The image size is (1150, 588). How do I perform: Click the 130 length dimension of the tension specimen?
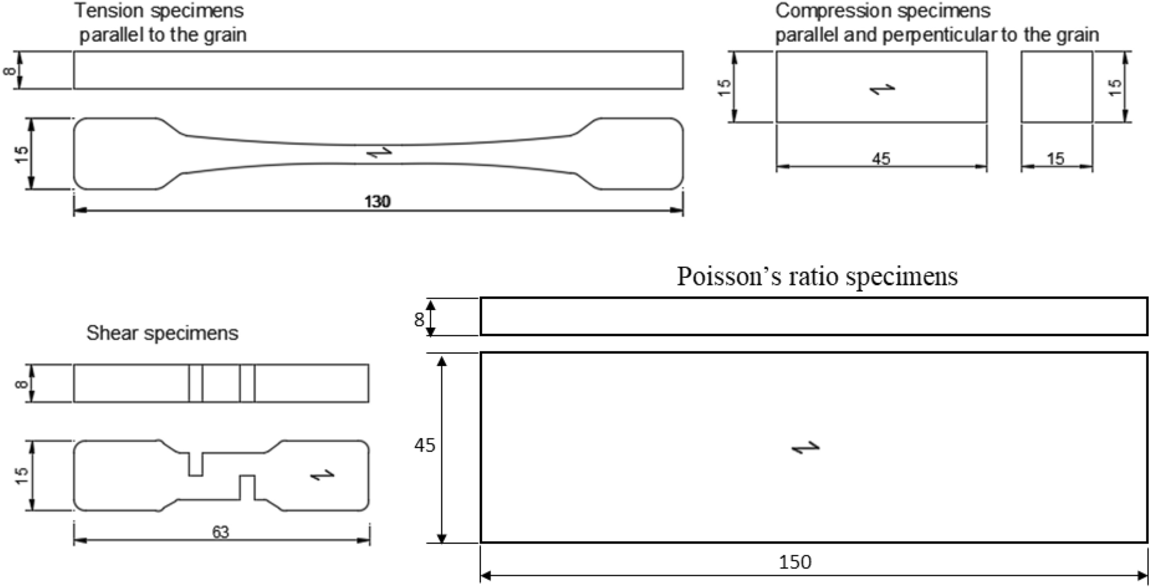377,202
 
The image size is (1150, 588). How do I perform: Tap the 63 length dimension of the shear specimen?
221,532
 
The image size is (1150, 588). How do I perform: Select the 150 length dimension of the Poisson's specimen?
795,562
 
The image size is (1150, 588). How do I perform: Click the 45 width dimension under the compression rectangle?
881,159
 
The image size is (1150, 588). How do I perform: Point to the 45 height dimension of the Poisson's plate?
425,445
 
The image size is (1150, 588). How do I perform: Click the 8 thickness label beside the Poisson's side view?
419,319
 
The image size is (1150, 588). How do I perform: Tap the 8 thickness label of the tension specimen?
10,71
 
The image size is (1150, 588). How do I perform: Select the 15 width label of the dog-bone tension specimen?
21,154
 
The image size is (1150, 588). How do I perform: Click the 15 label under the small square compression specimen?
1055,159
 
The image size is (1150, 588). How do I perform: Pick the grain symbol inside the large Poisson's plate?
805,447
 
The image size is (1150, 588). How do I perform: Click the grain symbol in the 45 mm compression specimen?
882,89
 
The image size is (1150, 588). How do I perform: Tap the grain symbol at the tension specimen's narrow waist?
379,152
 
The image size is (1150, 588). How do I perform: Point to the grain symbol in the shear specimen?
322,475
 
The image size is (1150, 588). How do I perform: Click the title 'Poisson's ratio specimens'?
817,277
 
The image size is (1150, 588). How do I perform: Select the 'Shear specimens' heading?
162,333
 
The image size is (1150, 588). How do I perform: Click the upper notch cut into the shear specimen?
195,464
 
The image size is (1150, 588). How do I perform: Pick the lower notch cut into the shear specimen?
247,487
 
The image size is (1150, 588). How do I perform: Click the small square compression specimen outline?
1057,87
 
